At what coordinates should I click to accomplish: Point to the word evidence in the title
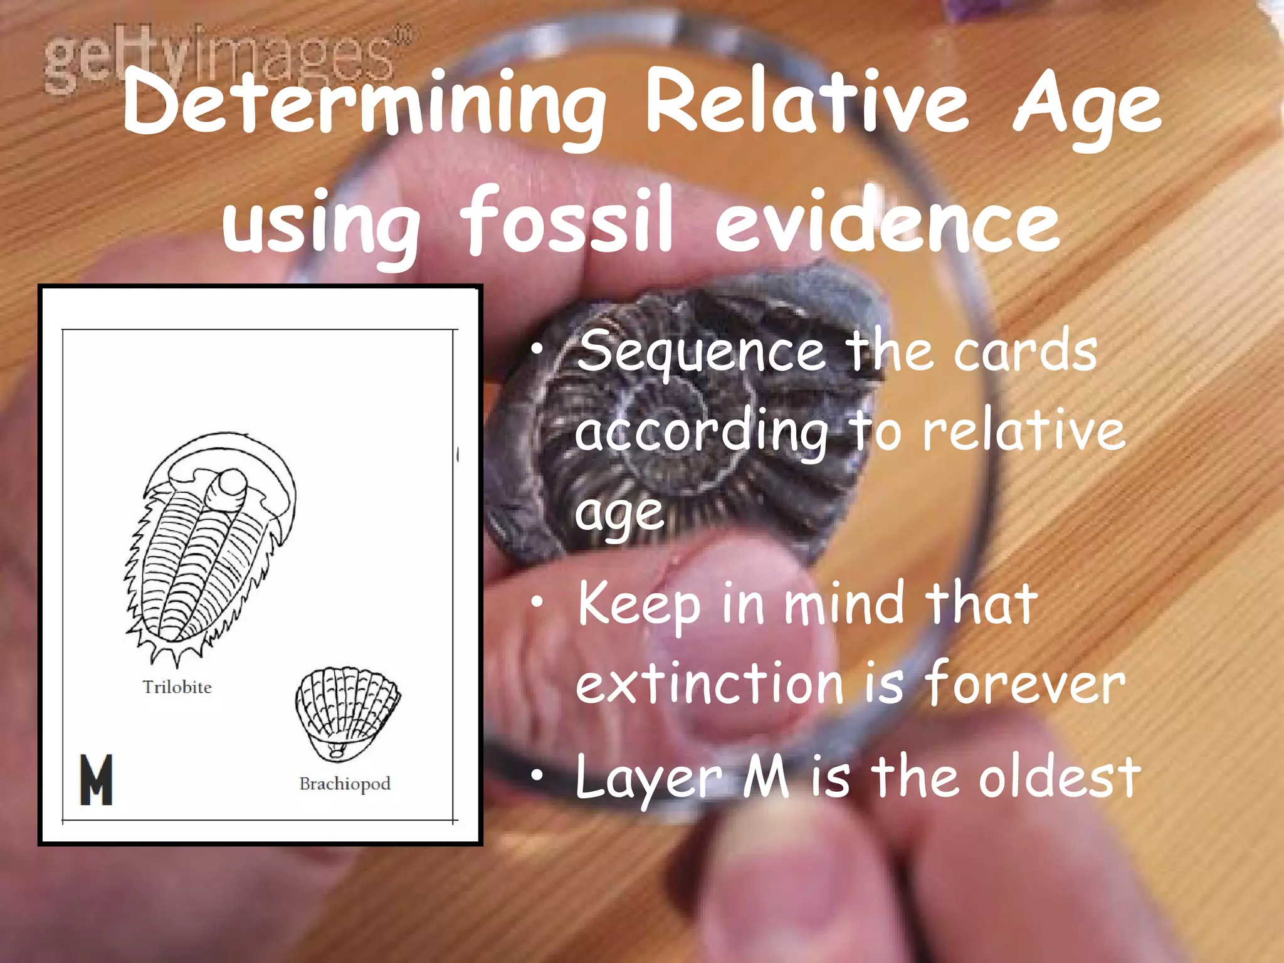[x=887, y=221]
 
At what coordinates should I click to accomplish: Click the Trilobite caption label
[x=177, y=687]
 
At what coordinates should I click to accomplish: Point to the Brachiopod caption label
[x=345, y=784]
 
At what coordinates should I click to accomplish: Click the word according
[x=702, y=433]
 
